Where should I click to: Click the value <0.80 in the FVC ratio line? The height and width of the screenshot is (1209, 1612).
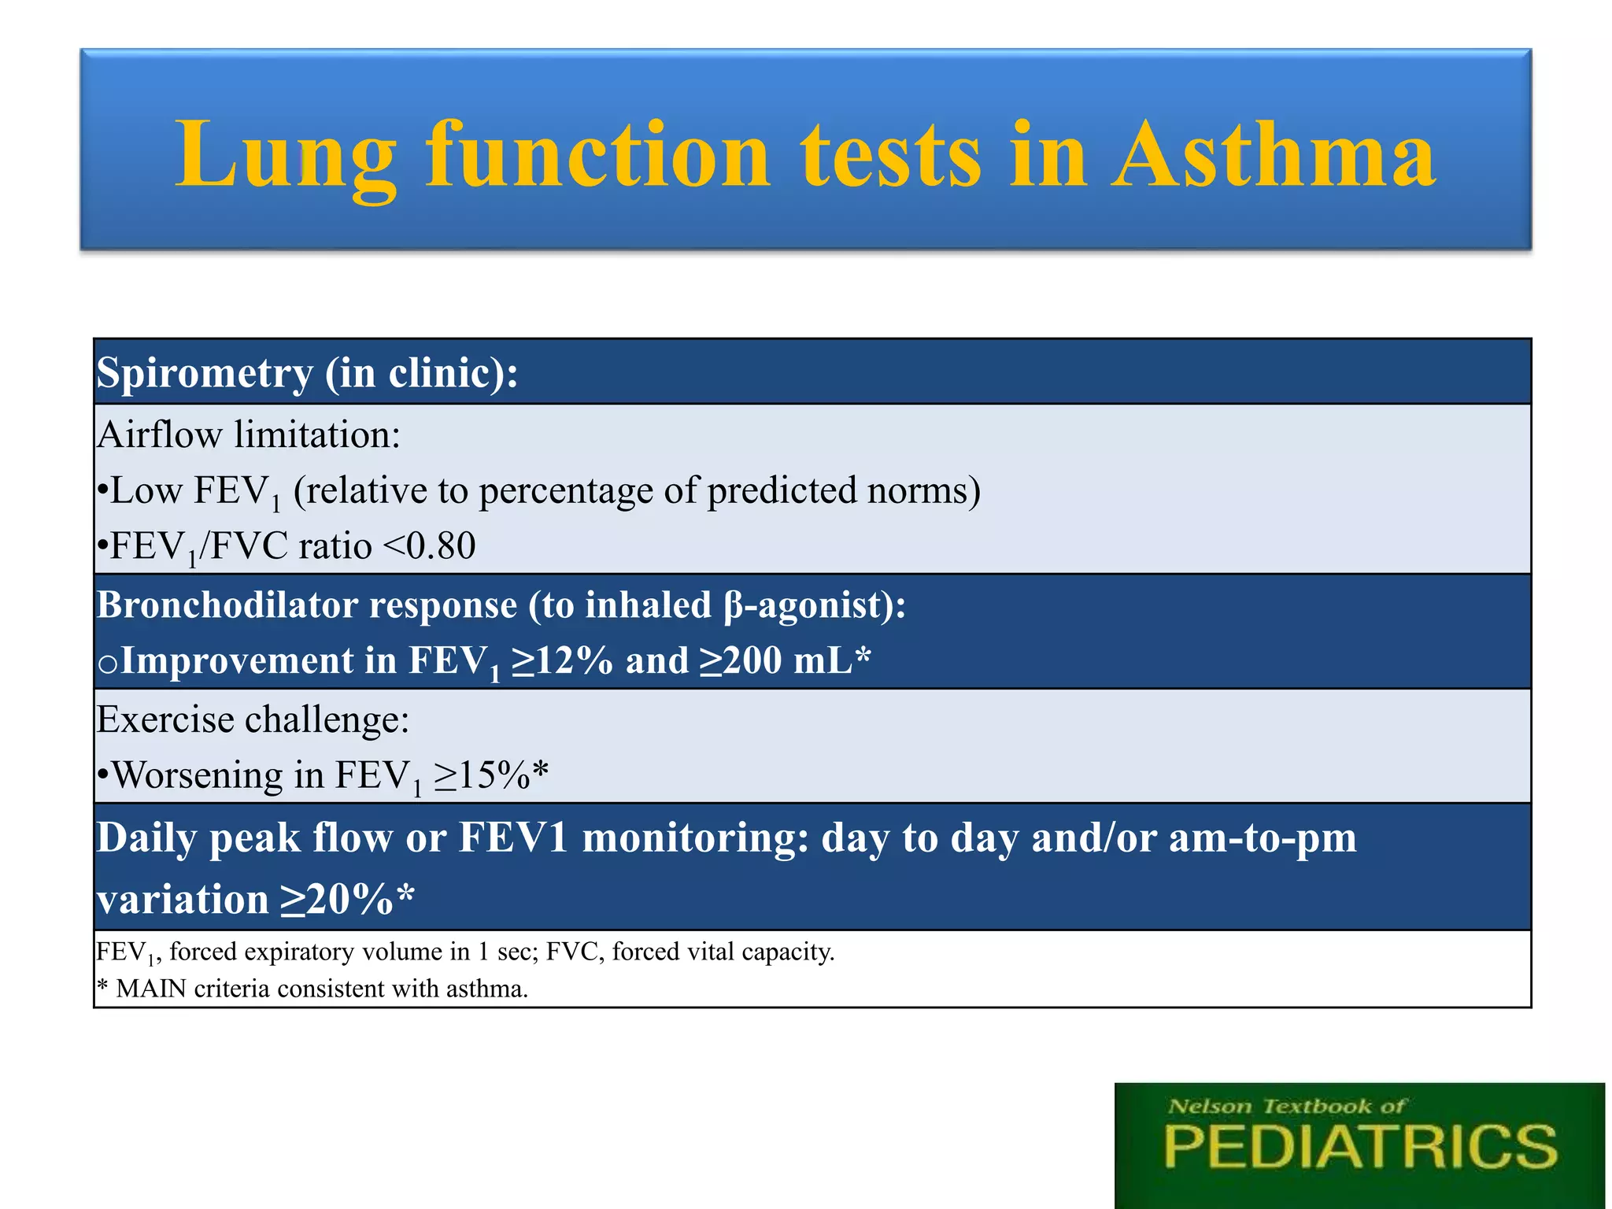[x=429, y=545]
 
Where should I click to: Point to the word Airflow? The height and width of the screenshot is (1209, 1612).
[x=160, y=434]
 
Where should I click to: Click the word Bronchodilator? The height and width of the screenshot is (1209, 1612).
[x=226, y=605]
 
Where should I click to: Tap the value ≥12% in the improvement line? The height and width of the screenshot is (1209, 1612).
[x=562, y=660]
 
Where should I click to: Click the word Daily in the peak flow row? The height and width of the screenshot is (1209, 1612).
[x=147, y=837]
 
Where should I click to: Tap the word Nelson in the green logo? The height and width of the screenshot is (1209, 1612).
[x=1210, y=1107]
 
